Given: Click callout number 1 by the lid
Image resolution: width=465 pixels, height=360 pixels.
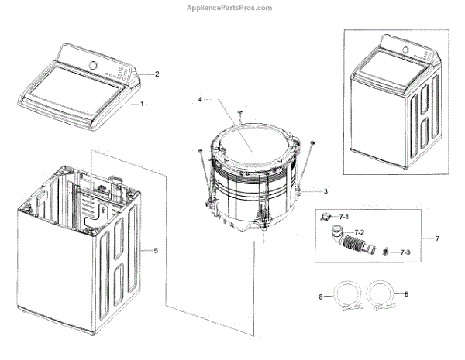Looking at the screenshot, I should (141, 104).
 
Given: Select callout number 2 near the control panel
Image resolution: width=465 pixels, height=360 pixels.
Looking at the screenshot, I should (157, 74).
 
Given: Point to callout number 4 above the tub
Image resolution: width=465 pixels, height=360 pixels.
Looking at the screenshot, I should (199, 100).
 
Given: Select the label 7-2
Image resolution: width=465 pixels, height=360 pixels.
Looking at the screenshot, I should (360, 232).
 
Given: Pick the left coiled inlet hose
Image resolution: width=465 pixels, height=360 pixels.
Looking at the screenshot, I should (341, 297).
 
